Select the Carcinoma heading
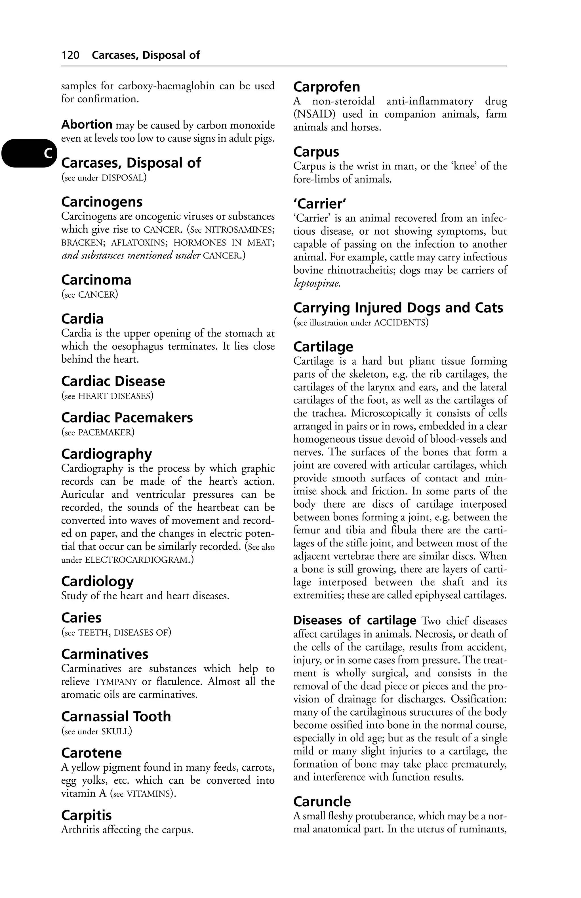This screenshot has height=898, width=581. click(96, 280)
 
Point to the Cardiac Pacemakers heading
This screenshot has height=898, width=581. click(127, 418)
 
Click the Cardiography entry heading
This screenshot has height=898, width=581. click(106, 454)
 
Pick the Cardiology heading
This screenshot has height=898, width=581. click(97, 581)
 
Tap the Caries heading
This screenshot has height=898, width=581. click(81, 618)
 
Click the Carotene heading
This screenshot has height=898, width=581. click(91, 753)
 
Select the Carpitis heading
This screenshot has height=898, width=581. click(87, 815)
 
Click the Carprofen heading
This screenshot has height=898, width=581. click(327, 87)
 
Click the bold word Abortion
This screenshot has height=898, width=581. click(87, 125)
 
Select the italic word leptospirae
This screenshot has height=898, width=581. click(317, 283)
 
